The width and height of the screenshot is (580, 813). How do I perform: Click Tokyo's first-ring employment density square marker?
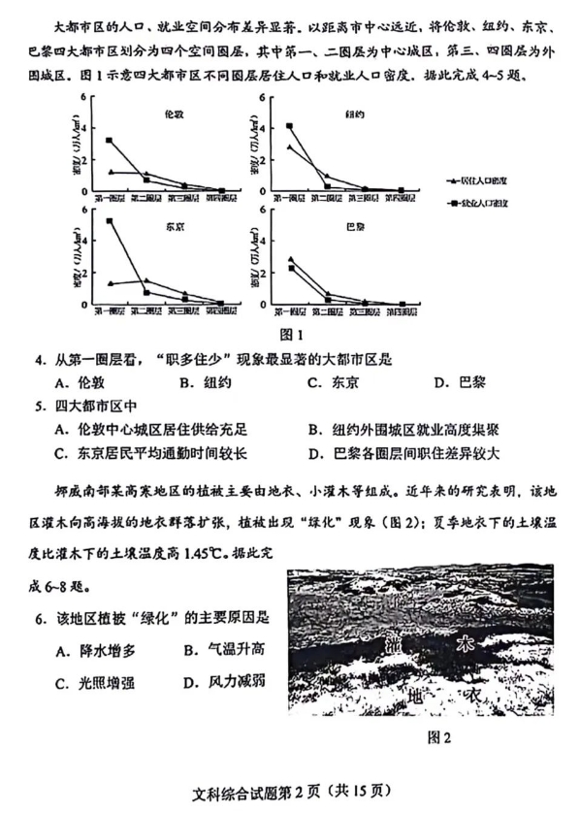[110, 221]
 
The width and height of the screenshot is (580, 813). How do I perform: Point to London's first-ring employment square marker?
[110, 141]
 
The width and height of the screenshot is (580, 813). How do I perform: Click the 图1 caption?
[291, 335]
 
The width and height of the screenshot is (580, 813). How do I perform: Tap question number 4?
[40, 360]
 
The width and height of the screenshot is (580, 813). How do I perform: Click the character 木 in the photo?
[464, 645]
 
